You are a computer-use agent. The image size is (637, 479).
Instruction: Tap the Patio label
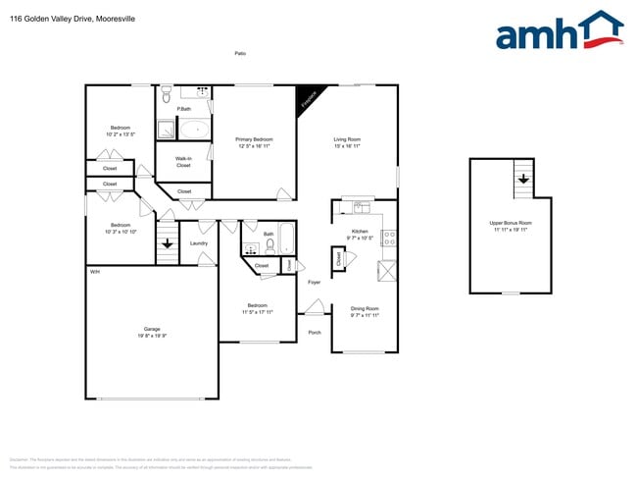pyautogui.click(x=239, y=53)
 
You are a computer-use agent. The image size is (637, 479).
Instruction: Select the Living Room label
pyautogui.click(x=348, y=142)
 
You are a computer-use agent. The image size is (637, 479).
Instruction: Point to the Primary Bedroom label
pyautogui.click(x=254, y=142)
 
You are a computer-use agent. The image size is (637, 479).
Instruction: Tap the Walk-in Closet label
pyautogui.click(x=183, y=161)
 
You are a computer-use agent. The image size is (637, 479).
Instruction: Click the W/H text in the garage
pyautogui.click(x=95, y=271)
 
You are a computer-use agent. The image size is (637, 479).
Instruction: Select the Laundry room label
pyautogui.click(x=199, y=242)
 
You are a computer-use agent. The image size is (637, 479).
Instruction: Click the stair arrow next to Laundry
pyautogui.click(x=168, y=242)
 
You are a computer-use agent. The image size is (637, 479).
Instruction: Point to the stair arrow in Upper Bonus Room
pyautogui.click(x=523, y=179)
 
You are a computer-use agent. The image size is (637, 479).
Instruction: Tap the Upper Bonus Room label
pyautogui.click(x=510, y=226)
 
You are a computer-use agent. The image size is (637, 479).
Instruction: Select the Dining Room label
pyautogui.click(x=365, y=312)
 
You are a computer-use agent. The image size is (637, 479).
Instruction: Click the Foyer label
pyautogui.click(x=315, y=283)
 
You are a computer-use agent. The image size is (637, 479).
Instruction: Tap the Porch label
pyautogui.click(x=315, y=332)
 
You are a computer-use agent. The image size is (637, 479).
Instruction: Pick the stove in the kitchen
pyautogui.click(x=388, y=236)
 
